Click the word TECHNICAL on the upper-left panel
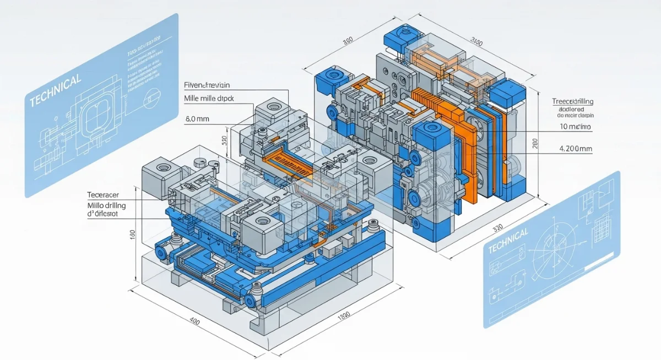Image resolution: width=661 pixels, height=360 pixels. [x=55, y=90]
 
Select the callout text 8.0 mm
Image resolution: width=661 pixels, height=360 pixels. [x=196, y=118]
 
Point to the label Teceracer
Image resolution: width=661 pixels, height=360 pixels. [x=103, y=195]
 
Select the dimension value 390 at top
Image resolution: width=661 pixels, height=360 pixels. [x=348, y=41]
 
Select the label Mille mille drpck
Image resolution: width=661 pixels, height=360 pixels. [x=208, y=99]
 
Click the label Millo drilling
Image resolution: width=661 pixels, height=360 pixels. [x=107, y=205]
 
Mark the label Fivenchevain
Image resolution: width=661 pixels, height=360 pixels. [x=207, y=85]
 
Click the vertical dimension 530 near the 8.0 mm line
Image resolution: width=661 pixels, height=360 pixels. [x=224, y=140]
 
